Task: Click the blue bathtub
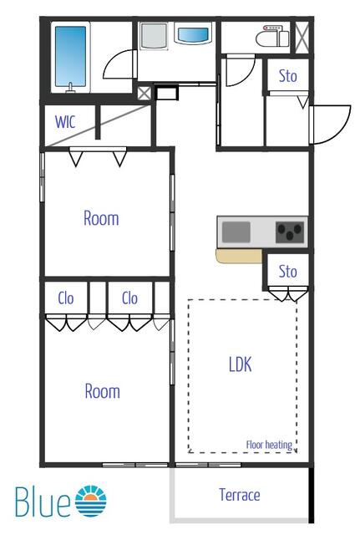[70, 58]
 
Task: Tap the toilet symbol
[272, 37]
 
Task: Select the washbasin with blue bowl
[193, 34]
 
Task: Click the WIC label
[65, 122]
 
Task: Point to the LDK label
[241, 364]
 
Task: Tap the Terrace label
[240, 495]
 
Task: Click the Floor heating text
[269, 445]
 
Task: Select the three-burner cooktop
[290, 232]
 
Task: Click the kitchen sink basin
[236, 232]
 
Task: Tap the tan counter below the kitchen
[239, 256]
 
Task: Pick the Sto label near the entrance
[287, 76]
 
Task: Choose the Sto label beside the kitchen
[287, 272]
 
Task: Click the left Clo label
[66, 298]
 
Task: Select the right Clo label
[129, 298]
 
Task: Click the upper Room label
[101, 218]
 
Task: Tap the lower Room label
[102, 391]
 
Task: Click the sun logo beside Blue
[91, 501]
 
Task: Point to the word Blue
[43, 502]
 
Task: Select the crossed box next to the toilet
[302, 37]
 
